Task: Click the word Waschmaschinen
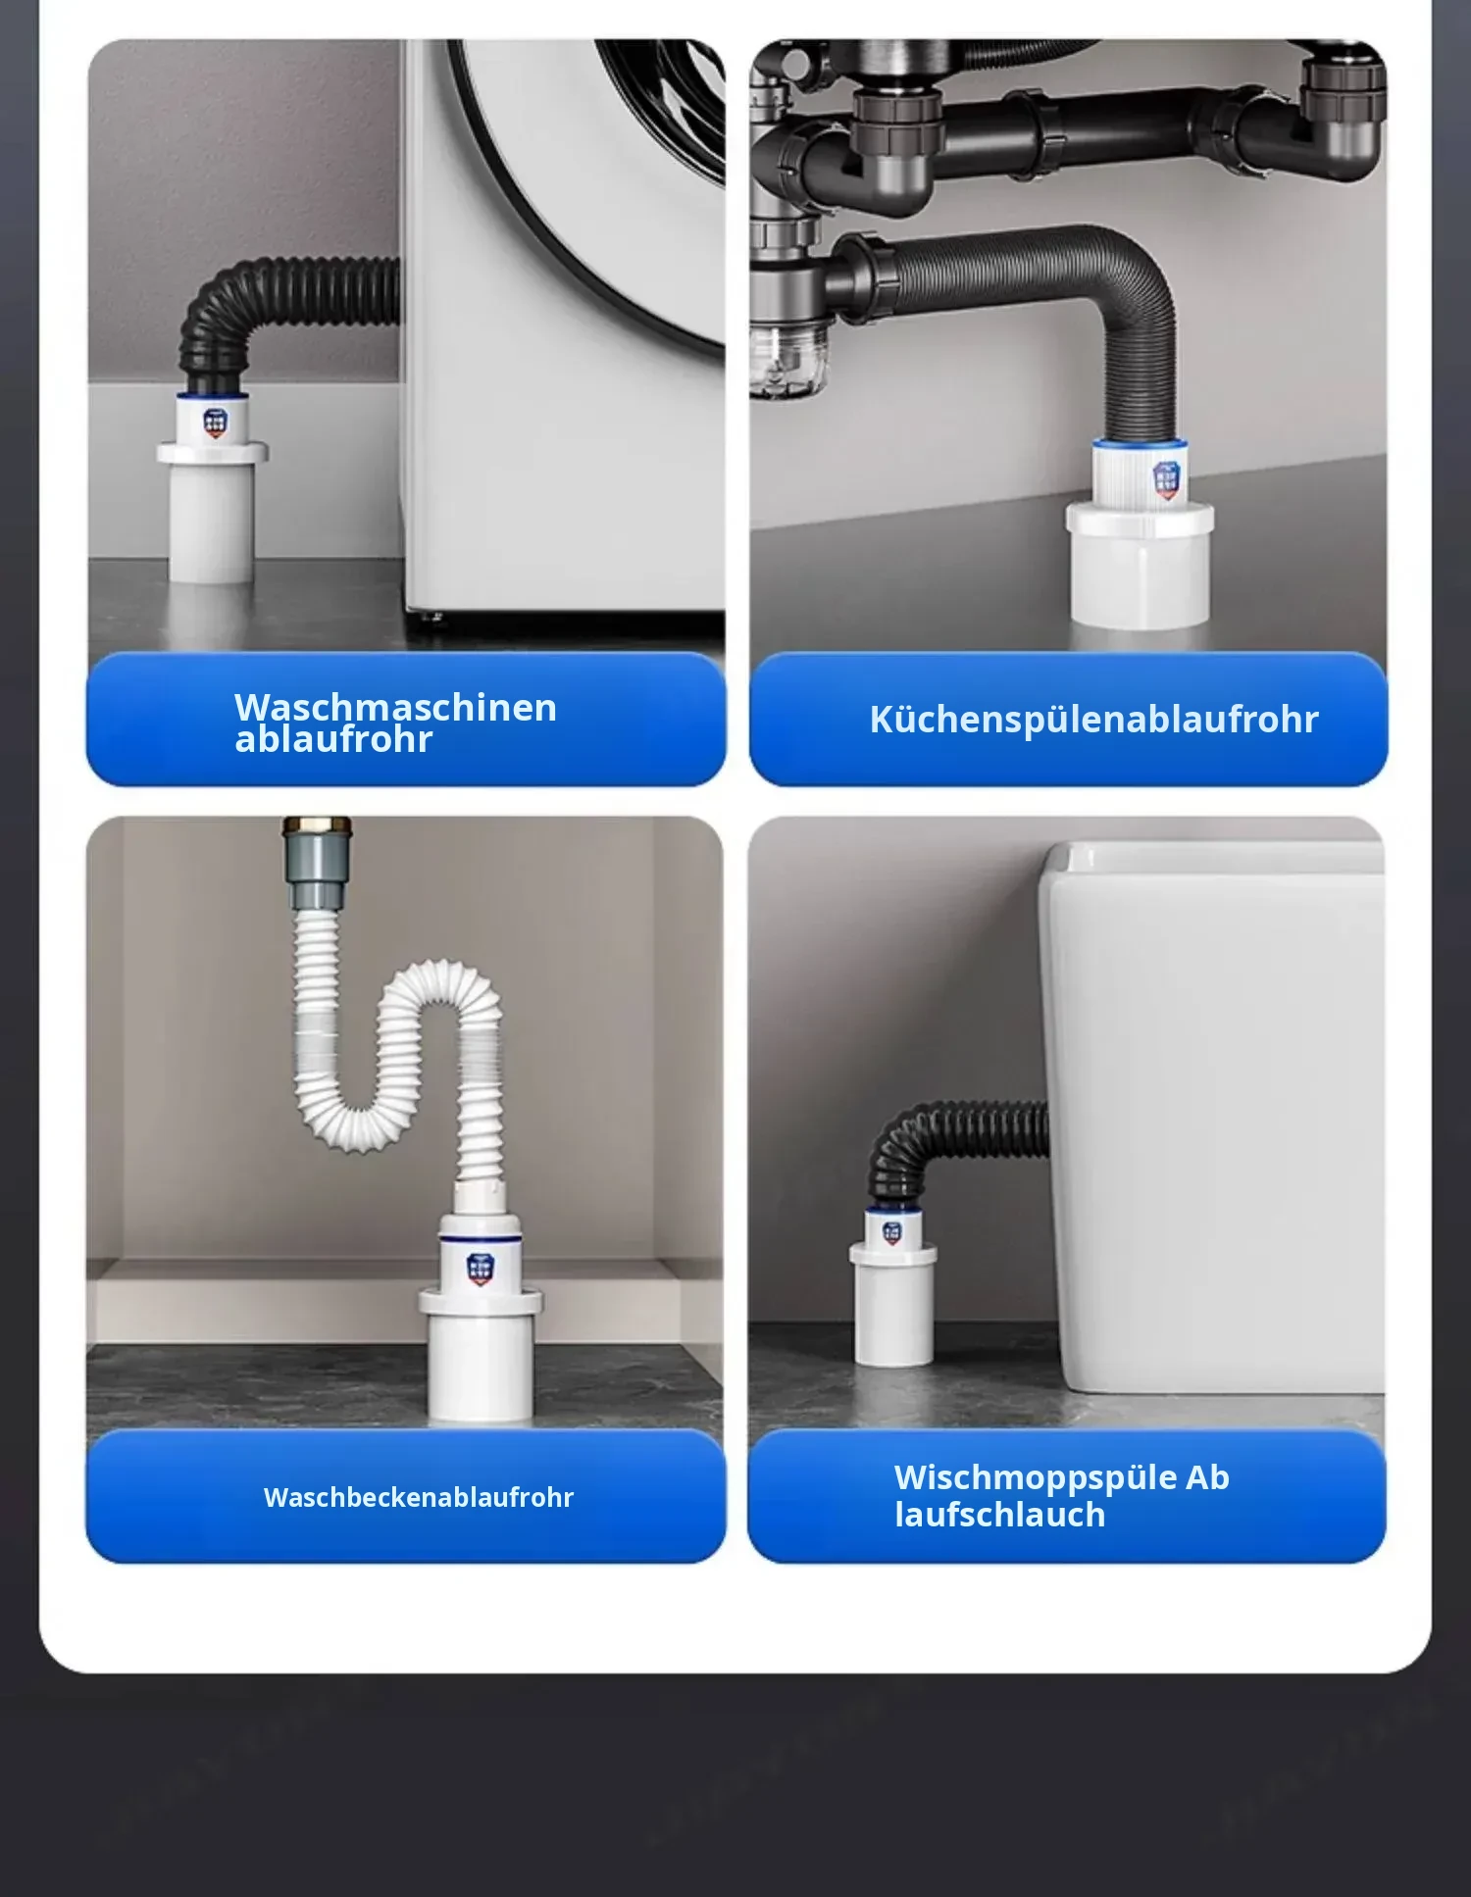click(x=395, y=707)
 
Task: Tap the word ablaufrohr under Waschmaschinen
click(x=333, y=740)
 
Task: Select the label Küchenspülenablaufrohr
click(x=1093, y=720)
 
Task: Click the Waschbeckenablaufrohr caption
click(x=419, y=1497)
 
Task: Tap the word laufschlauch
click(x=999, y=1515)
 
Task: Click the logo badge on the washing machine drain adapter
click(x=216, y=423)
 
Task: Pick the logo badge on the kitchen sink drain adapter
click(x=1166, y=480)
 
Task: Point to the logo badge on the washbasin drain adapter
click(x=480, y=1269)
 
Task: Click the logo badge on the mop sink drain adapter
click(x=891, y=1232)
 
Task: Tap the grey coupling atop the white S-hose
click(x=316, y=863)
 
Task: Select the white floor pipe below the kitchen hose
click(x=1141, y=564)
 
